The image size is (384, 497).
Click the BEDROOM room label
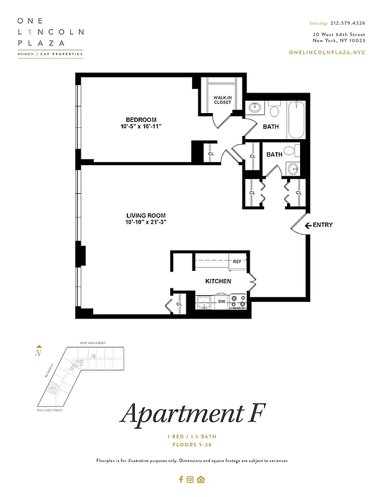[x=141, y=119]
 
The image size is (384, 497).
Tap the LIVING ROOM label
[x=145, y=215]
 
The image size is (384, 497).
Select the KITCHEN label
[x=218, y=281]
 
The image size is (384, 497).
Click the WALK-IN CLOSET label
[x=222, y=99]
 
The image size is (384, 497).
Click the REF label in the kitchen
[x=237, y=262]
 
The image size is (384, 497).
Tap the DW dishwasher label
[x=221, y=302]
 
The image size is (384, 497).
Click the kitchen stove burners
[x=237, y=302]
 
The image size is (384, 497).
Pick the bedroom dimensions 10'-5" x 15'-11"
[x=141, y=127]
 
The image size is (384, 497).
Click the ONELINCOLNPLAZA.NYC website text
[x=327, y=52]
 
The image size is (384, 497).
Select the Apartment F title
[x=192, y=414]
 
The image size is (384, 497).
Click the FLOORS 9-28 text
[x=192, y=445]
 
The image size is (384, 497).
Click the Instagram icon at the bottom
[x=191, y=479]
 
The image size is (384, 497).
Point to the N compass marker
[x=39, y=353]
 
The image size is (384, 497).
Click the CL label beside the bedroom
[x=211, y=153]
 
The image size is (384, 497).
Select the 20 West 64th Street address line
[x=339, y=34]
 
